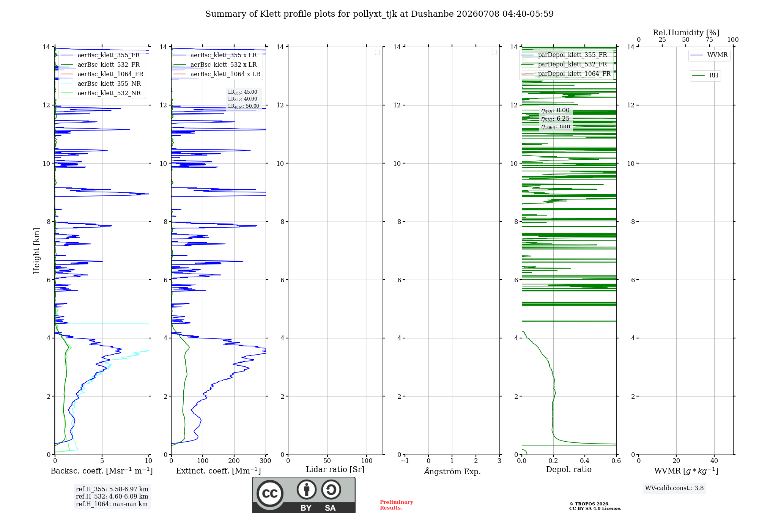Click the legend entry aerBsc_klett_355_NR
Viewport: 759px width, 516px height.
pyautogui.click(x=101, y=83)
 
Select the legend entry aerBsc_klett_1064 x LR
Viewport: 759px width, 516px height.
pyautogui.click(x=217, y=74)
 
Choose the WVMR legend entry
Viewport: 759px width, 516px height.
pyautogui.click(x=709, y=55)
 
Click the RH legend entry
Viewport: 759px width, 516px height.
pyautogui.click(x=705, y=76)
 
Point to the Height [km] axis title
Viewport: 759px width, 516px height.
pyautogui.click(x=36, y=251)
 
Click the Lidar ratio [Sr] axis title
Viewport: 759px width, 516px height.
pyautogui.click(x=335, y=470)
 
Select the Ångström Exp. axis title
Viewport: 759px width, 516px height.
pyautogui.click(x=452, y=471)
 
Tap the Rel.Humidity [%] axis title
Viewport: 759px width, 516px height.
pyautogui.click(x=686, y=33)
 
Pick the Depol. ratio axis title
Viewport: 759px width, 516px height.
pyautogui.click(x=569, y=469)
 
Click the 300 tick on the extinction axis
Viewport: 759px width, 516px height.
pyautogui.click(x=266, y=461)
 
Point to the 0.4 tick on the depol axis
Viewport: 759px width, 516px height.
pyautogui.click(x=585, y=461)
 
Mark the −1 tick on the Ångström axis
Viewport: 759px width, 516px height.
pyautogui.click(x=405, y=461)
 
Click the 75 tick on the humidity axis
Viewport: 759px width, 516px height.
pyautogui.click(x=709, y=39)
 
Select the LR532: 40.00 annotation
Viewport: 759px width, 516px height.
pyautogui.click(x=243, y=99)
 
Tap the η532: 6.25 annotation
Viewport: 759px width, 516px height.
pyautogui.click(x=555, y=119)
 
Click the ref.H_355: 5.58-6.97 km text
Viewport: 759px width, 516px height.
pyautogui.click(x=112, y=489)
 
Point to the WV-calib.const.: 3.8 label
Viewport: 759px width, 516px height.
pyautogui.click(x=674, y=488)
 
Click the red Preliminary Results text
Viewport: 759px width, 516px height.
pyautogui.click(x=397, y=505)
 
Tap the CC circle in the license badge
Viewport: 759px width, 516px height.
pyautogui.click(x=270, y=493)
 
